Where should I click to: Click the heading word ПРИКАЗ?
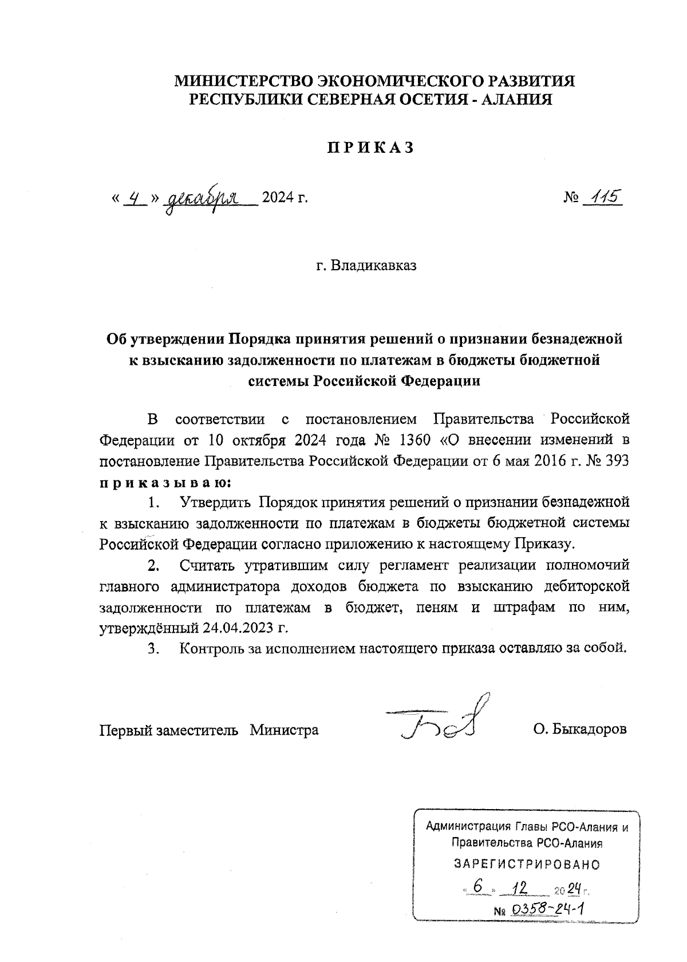click(x=369, y=148)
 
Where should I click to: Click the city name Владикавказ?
click(x=374, y=266)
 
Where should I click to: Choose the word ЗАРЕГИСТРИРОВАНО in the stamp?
click(x=527, y=864)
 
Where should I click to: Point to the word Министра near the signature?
click(x=284, y=730)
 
